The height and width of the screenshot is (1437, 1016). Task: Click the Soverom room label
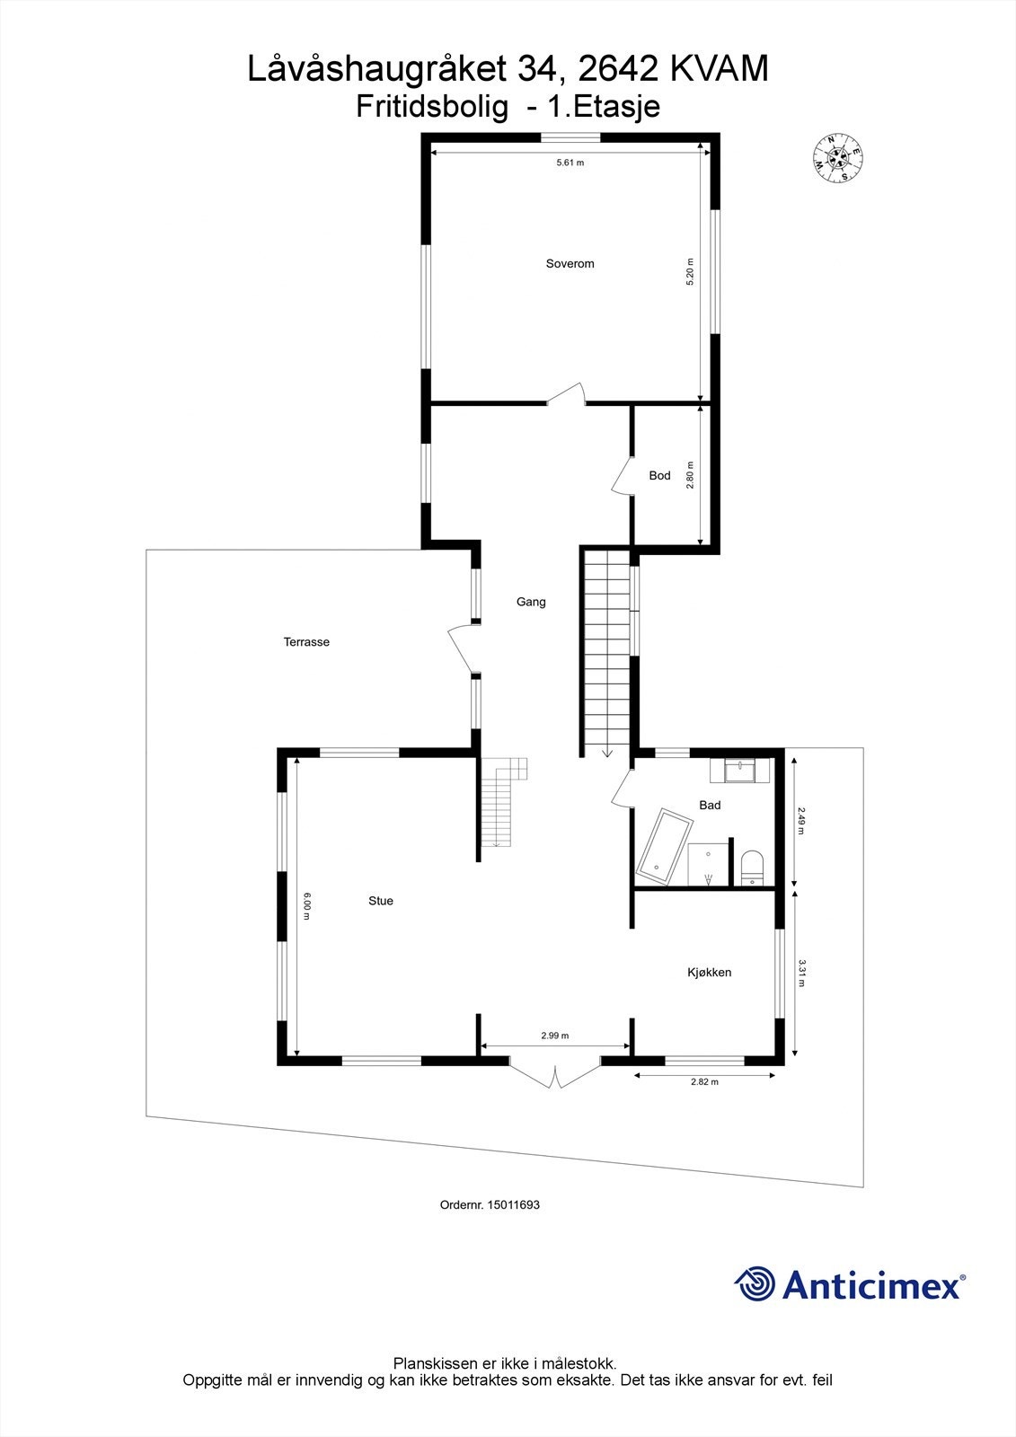point(570,264)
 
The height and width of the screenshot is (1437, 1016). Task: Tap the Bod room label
point(659,475)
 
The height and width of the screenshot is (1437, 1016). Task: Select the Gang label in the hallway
point(531,602)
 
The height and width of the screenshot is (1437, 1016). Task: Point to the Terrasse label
point(306,642)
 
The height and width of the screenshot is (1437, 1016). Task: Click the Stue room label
point(381,901)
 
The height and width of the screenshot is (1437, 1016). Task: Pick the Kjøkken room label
point(709,972)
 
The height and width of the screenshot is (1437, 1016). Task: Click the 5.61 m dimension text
point(570,163)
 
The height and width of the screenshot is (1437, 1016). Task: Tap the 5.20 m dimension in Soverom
point(690,271)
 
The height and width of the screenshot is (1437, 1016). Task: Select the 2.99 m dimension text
point(554,1036)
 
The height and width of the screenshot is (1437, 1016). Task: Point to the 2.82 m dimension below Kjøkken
point(704,1082)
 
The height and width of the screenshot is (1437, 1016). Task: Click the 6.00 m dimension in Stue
point(306,905)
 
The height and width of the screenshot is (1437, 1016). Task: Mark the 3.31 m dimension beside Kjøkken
point(801,973)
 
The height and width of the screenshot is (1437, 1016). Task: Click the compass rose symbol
point(838,158)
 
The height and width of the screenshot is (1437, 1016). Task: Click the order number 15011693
point(513,1205)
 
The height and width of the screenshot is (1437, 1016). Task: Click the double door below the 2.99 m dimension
point(554,1073)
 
